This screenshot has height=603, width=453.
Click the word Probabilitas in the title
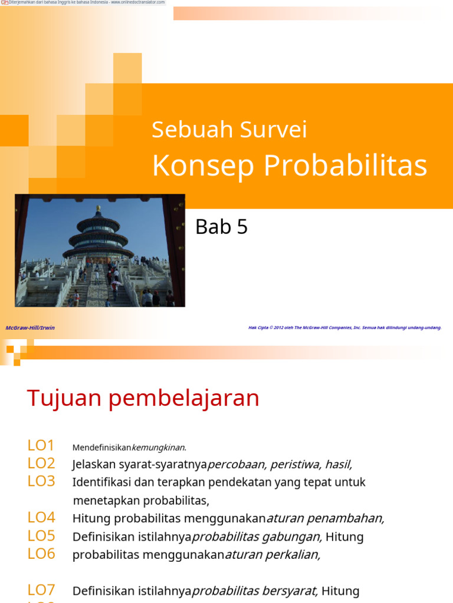coord(345,166)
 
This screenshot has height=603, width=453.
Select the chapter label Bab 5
coord(221,227)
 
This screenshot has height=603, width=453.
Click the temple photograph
coord(100,250)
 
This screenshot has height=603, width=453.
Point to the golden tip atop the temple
coord(99,208)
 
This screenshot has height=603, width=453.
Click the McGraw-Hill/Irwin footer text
coord(30,327)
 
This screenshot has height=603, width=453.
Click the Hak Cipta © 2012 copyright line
coord(344,327)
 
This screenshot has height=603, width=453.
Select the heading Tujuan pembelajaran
coord(143,399)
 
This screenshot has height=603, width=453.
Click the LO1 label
coord(41,446)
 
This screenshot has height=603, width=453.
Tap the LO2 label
coord(41,463)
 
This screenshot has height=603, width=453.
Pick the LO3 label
coord(41,481)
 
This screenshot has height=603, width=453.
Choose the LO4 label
coord(41,518)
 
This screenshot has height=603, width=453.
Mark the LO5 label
coord(41,536)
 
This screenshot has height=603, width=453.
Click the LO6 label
coord(41,554)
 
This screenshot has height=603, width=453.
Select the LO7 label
coord(41,590)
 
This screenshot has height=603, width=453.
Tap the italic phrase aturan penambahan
coord(326,518)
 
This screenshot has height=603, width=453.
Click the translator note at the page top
coord(83,2)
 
